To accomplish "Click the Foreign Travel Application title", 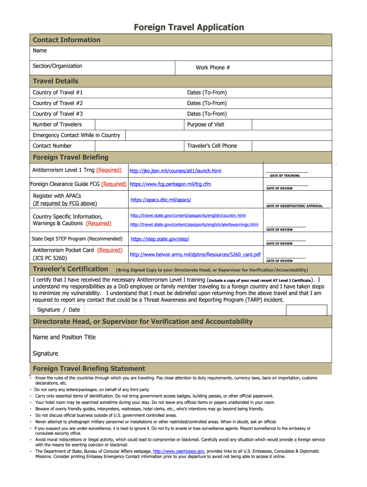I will click(189, 27).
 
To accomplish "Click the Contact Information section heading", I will click(66, 40).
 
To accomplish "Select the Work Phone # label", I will click(213, 68).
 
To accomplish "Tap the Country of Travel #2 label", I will click(58, 103).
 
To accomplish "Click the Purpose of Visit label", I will click(205, 125).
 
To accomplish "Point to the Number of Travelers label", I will click(57, 125).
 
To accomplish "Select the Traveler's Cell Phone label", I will click(212, 146).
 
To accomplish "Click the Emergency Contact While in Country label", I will click(76, 136).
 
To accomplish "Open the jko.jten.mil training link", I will click(175, 171).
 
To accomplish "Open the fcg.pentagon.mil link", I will click(170, 184).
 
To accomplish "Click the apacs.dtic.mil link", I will click(161, 200).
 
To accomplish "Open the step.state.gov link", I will click(160, 239).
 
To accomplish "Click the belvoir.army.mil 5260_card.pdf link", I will click(195, 254).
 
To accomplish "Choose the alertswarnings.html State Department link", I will click(194, 224).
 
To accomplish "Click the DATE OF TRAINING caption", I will click(285, 175).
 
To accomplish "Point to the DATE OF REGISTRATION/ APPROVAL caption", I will click(294, 206).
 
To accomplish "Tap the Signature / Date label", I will click(59, 310).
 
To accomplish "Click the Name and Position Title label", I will click(64, 337).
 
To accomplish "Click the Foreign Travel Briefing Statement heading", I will click(89, 369).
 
